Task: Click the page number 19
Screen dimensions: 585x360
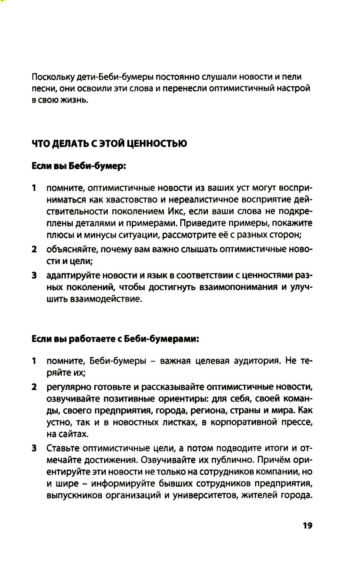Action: click(x=307, y=526)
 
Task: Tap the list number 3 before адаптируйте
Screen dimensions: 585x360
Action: click(x=34, y=276)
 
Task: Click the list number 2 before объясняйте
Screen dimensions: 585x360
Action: click(x=34, y=249)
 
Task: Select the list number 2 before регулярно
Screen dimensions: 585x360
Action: click(x=34, y=387)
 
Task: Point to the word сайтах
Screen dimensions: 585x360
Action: click(x=73, y=434)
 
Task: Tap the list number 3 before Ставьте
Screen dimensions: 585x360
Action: click(x=34, y=448)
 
